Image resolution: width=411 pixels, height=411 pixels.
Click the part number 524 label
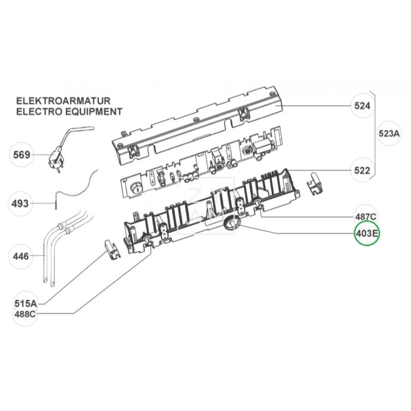363,106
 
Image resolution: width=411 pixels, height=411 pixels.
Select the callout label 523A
388,134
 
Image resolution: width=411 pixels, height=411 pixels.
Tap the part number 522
363,171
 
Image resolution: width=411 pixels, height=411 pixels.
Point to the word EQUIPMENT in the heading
93,111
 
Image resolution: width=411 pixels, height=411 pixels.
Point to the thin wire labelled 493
77,188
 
